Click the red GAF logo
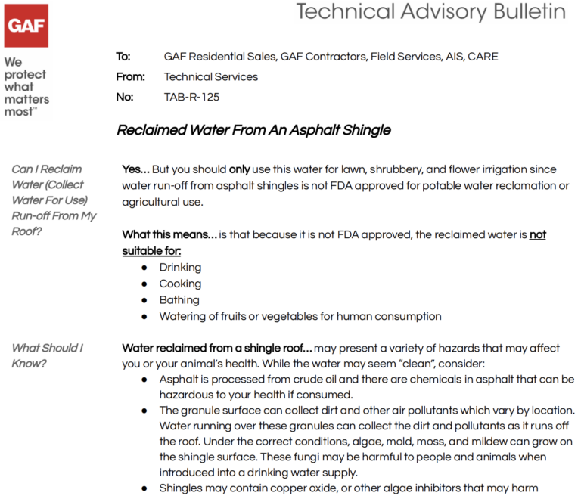[x=27, y=26]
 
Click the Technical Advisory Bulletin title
[x=430, y=11]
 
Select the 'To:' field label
[x=123, y=57]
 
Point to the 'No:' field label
[x=124, y=97]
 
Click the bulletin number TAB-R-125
[x=191, y=97]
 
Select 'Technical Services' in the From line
[x=210, y=76]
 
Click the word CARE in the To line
[x=483, y=57]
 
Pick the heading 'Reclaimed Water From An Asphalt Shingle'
[x=253, y=130]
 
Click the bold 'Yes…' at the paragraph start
[x=136, y=169]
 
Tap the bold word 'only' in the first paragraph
[x=239, y=169]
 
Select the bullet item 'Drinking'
[x=180, y=267]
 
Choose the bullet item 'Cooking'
[x=180, y=284]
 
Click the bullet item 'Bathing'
[x=179, y=300]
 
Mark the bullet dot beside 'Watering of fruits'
[x=144, y=317]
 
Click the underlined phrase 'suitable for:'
[x=151, y=250]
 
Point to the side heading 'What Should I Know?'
[x=47, y=355]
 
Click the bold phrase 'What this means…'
[x=169, y=234]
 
